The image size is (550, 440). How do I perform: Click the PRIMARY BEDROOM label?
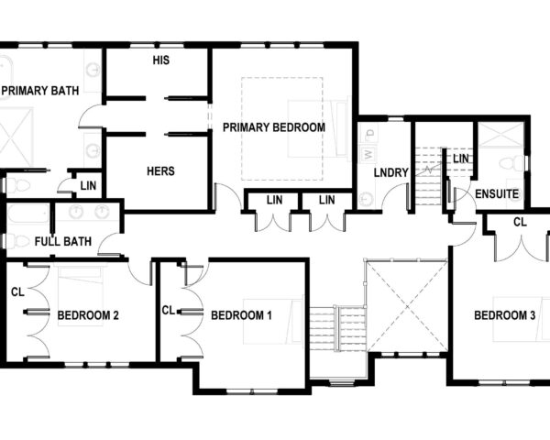(273, 127)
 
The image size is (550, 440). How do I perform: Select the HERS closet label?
(160, 170)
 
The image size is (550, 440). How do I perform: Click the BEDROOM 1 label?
(241, 316)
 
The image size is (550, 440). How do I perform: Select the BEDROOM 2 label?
(88, 316)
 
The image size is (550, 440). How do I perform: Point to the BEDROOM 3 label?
(504, 316)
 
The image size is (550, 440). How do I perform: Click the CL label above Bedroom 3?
(519, 222)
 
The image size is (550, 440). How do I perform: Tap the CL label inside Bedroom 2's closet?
(17, 292)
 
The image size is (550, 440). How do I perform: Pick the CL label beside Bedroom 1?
(168, 311)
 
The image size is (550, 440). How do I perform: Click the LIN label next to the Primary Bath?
(87, 185)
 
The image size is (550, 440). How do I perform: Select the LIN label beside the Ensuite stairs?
(460, 159)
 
